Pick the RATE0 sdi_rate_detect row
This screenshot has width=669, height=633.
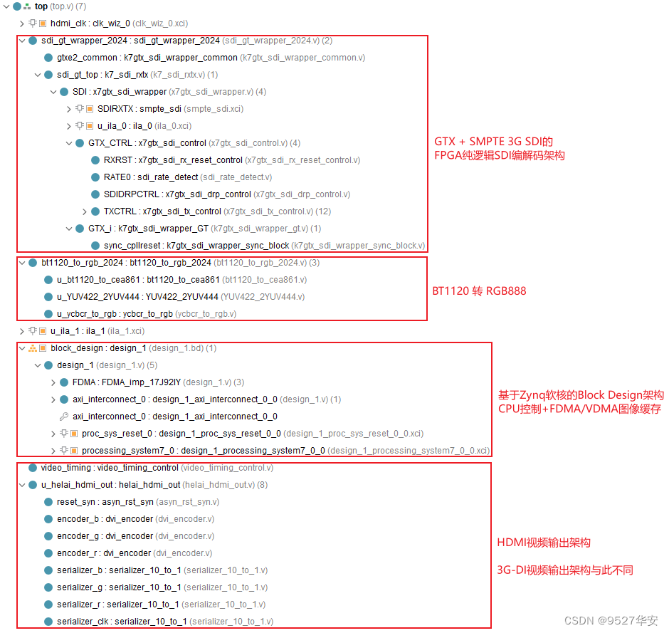pyautogui.click(x=187, y=177)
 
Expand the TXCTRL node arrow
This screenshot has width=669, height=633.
pyautogui.click(x=85, y=211)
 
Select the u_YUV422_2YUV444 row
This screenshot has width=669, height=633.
pyautogui.click(x=181, y=297)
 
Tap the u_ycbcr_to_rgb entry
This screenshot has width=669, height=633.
pyautogui.click(x=147, y=314)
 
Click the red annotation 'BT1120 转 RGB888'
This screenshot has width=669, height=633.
pyautogui.click(x=479, y=291)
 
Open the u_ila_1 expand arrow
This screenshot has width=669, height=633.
pyautogui.click(x=22, y=331)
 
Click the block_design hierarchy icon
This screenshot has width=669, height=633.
pyautogui.click(x=33, y=348)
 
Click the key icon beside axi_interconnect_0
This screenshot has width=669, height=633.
pyautogui.click(x=63, y=417)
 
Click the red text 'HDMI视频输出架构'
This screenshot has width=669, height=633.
pyautogui.click(x=544, y=543)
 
